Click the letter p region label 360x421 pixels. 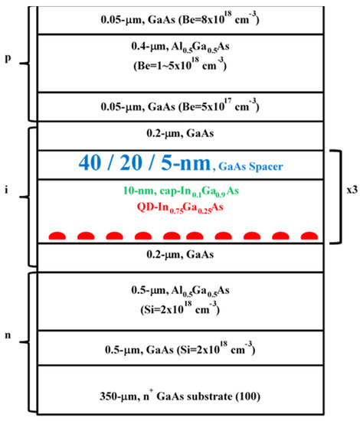(x=8, y=58)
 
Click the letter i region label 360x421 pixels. (x=6, y=190)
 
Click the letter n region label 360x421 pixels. (x=8, y=335)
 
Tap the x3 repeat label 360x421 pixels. (x=352, y=190)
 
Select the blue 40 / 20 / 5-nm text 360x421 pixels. (x=145, y=163)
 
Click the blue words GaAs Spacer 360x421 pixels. (x=250, y=166)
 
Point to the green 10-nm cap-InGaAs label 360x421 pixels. (x=181, y=191)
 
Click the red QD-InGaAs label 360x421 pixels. (x=180, y=207)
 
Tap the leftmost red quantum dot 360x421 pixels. (x=57, y=236)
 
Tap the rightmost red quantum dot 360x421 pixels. (x=309, y=236)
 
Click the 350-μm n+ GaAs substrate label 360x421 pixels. (x=180, y=396)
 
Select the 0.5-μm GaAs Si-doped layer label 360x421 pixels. (x=180, y=349)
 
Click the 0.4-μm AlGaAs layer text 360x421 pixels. (x=180, y=47)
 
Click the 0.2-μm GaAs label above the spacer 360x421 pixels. (x=180, y=133)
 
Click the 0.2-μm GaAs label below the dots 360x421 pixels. (x=180, y=254)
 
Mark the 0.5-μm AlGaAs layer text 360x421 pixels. (x=180, y=291)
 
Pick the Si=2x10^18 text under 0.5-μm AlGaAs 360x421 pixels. (x=180, y=308)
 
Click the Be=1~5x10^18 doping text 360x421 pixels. (x=180, y=65)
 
